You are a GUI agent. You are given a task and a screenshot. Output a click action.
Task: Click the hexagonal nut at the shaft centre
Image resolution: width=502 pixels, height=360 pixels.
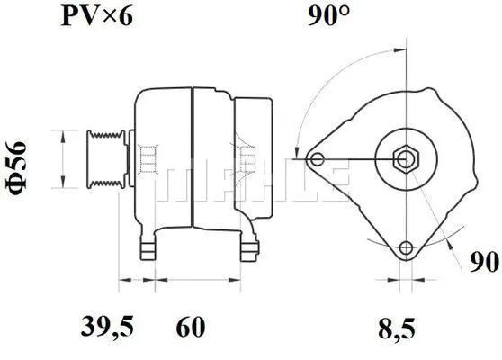click(x=405, y=160)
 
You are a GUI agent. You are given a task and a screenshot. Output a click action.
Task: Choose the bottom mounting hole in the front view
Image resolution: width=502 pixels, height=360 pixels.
click(x=406, y=247)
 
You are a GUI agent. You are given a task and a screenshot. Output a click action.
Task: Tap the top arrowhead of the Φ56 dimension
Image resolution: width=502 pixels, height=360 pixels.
click(x=61, y=134)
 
